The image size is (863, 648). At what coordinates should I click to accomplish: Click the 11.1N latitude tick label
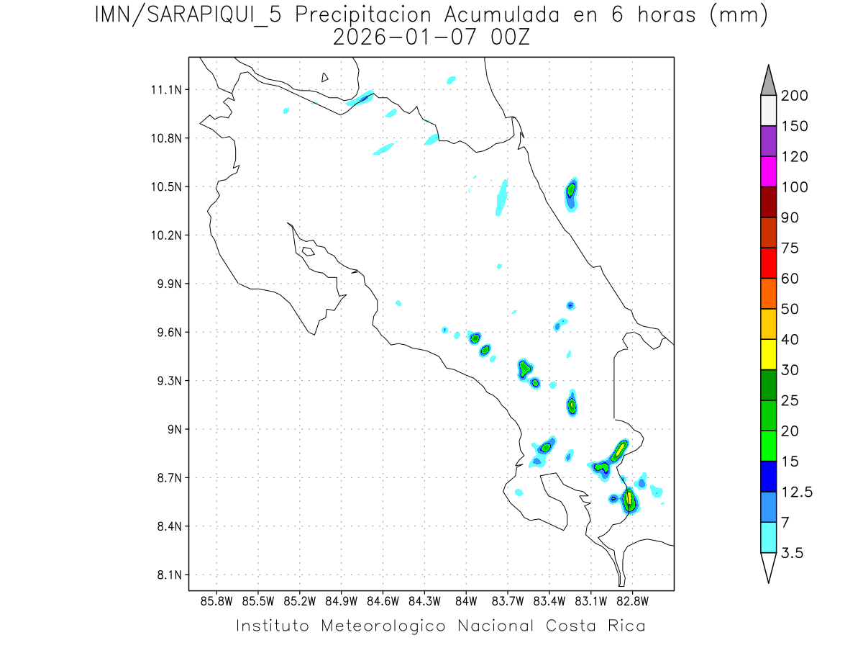(x=165, y=90)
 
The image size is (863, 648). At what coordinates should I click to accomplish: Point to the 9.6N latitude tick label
(x=165, y=333)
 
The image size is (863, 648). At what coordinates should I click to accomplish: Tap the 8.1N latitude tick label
(x=165, y=575)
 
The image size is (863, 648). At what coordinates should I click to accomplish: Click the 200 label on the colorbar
(x=794, y=96)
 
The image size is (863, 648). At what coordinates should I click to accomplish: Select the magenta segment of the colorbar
(x=768, y=171)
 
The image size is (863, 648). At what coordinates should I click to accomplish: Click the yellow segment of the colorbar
(x=768, y=354)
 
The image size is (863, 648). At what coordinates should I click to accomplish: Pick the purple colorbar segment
(x=768, y=141)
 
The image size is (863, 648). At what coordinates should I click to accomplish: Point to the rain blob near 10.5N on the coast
(x=571, y=192)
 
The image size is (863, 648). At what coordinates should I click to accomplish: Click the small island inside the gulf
(x=308, y=251)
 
